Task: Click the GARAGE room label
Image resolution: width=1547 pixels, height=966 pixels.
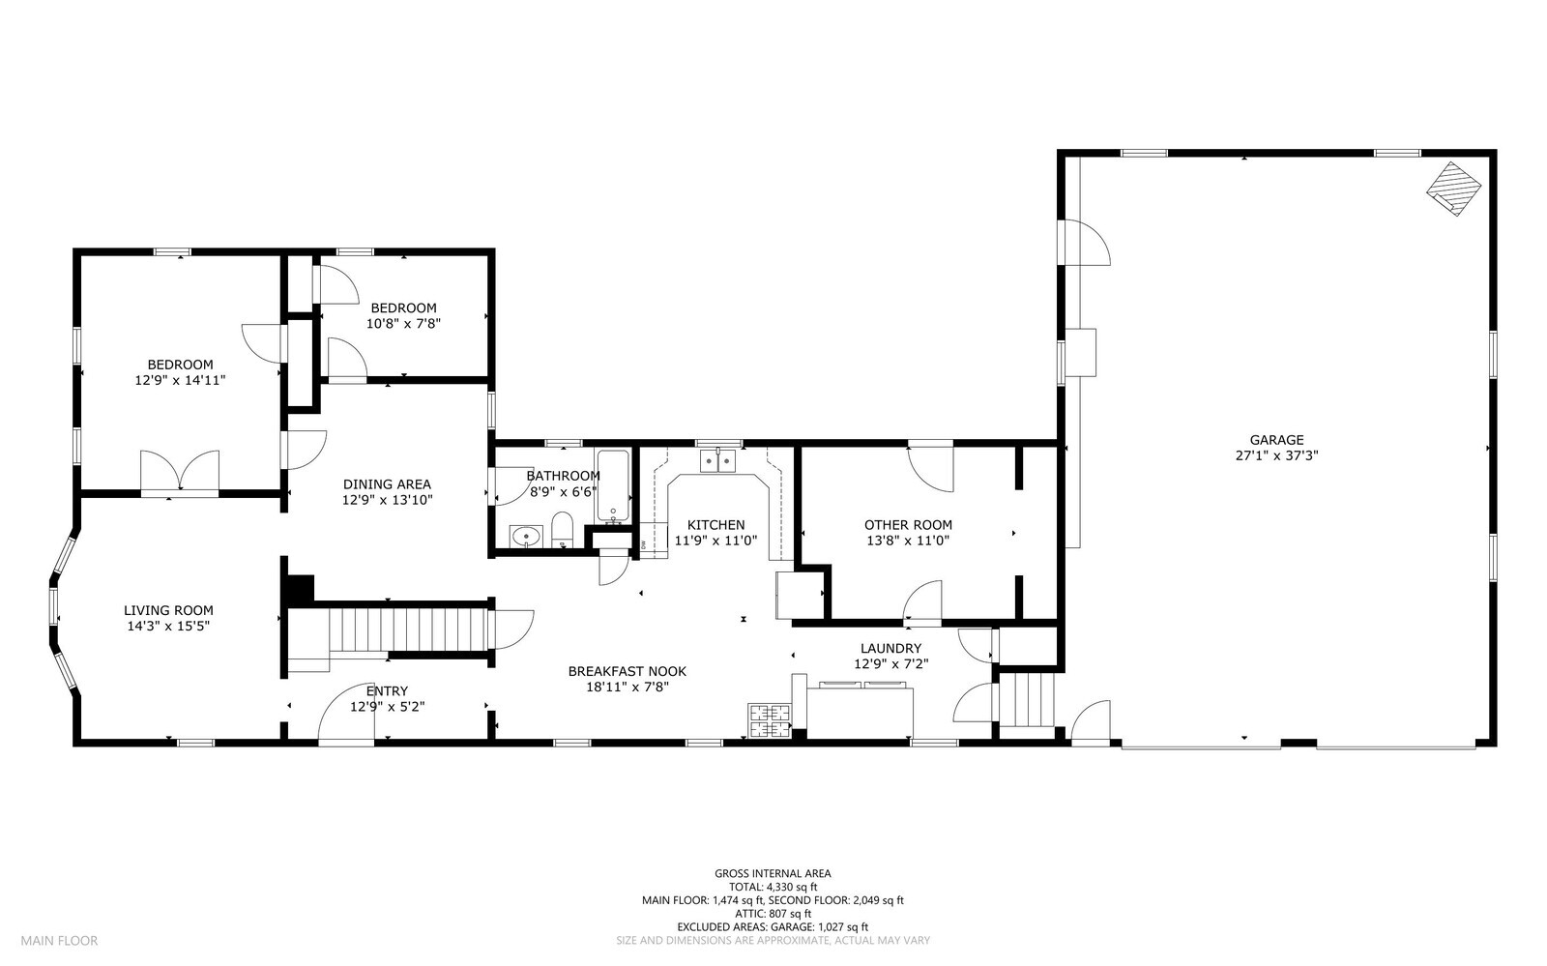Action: click(1276, 440)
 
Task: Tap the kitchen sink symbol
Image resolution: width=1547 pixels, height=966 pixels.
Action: click(718, 460)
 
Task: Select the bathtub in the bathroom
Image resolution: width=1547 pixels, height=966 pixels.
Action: click(613, 486)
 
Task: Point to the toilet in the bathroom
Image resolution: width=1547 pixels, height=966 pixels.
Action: click(563, 530)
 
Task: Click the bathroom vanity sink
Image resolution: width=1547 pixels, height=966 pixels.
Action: click(526, 536)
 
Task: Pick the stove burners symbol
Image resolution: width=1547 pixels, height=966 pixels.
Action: click(770, 720)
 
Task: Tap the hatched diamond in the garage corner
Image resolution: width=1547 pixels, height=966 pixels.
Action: click(1454, 189)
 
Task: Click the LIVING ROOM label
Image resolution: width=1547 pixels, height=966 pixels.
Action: click(168, 610)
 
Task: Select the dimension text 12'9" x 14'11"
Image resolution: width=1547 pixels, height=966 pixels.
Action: click(180, 380)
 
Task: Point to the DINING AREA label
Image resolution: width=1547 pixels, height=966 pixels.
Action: click(387, 484)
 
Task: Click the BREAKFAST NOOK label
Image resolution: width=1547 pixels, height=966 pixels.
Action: click(628, 671)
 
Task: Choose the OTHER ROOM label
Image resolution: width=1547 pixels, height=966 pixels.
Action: click(908, 525)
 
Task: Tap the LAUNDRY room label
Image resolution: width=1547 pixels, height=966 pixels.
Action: click(890, 649)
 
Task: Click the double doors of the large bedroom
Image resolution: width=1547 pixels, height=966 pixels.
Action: click(180, 472)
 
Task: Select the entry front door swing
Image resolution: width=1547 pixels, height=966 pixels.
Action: click(345, 714)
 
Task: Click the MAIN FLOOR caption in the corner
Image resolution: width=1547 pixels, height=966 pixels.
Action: click(59, 941)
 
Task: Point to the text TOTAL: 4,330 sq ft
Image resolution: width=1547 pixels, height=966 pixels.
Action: click(773, 888)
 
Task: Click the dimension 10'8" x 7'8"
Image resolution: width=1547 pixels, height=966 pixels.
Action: click(403, 323)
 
